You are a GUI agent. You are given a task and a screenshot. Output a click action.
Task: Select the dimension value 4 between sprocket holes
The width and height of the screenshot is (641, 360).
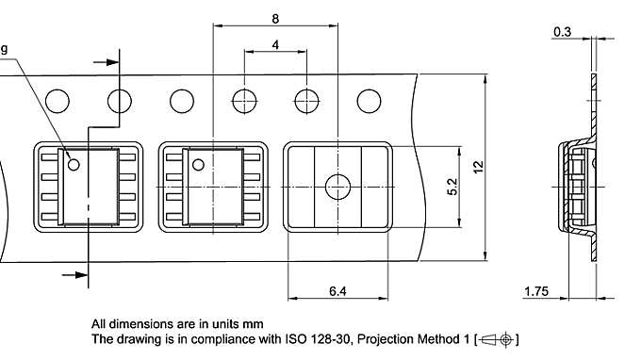[x=274, y=45]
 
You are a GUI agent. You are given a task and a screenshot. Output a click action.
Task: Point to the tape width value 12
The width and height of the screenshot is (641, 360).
[x=478, y=166]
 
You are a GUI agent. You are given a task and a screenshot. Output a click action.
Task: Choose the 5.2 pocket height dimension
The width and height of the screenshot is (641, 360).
[x=452, y=187]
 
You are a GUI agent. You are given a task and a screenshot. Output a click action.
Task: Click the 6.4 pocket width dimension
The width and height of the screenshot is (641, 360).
[x=337, y=292]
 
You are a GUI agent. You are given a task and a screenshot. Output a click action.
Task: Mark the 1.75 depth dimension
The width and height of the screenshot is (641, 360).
[x=536, y=294]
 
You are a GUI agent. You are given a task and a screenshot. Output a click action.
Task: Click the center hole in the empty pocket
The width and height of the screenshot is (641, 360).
[x=337, y=187]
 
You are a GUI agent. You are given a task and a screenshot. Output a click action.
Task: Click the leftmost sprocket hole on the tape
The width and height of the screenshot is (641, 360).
[x=58, y=100]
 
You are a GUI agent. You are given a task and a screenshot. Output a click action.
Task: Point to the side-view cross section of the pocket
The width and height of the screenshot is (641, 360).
[x=576, y=188]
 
